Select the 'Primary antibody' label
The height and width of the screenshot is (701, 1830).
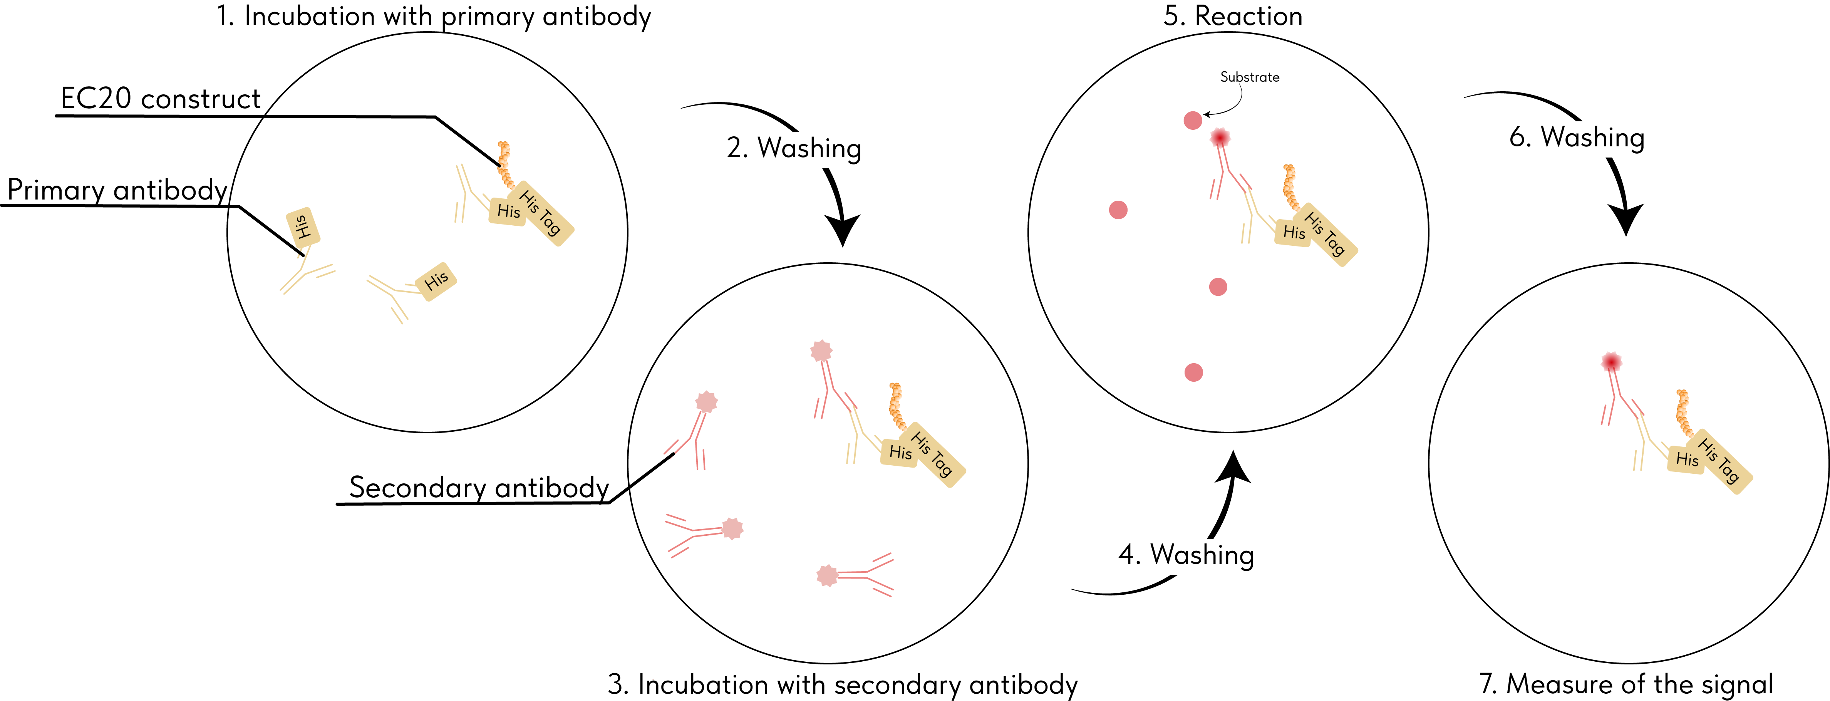tap(117, 190)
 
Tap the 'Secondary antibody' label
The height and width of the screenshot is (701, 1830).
tap(479, 488)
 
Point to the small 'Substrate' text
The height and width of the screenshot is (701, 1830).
tap(1250, 77)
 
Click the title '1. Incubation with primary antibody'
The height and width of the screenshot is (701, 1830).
tap(433, 16)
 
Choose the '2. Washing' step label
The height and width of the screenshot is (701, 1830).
tap(794, 148)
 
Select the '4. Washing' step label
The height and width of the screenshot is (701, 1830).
tap(1186, 555)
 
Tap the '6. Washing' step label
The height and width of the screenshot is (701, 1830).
tap(1577, 137)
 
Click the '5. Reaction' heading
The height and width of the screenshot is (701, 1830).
tap(1233, 16)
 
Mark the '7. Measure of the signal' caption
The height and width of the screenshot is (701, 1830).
tap(1626, 684)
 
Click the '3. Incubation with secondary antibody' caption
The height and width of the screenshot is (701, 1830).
tap(843, 685)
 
